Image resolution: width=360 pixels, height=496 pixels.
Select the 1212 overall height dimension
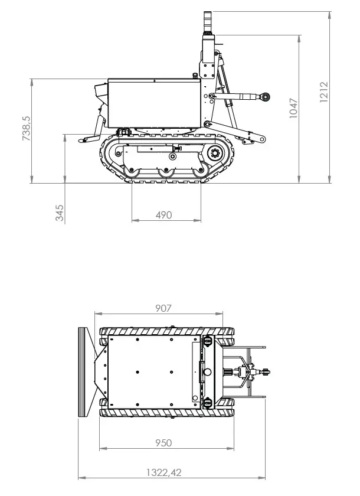pos(324,93)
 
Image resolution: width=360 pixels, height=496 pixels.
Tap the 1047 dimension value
pos(294,108)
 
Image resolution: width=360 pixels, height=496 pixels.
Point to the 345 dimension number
pos(60,213)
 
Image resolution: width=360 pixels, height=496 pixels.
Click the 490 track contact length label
pos(163,216)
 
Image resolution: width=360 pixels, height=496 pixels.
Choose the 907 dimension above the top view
pos(163,308)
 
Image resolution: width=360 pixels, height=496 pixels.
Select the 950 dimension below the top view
pos(163,442)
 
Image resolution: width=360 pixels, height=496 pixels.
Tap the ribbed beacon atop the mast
pos(208,22)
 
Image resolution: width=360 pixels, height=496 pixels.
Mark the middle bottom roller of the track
pos(165,172)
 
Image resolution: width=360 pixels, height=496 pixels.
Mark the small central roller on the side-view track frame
pos(172,156)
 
